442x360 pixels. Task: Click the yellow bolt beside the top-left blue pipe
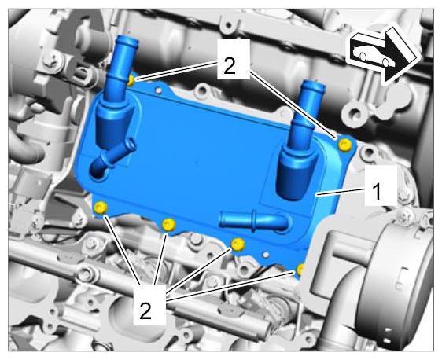[131, 80]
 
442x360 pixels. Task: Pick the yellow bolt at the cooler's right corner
[345, 145]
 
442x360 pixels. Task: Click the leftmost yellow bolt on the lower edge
[101, 208]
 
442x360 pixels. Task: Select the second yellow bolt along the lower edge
[169, 225]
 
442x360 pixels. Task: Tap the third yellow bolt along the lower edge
[238, 244]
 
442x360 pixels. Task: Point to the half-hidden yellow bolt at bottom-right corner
[300, 270]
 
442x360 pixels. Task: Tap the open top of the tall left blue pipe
[128, 40]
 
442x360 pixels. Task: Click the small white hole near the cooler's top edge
[159, 90]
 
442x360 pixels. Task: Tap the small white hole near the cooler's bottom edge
[265, 255]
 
